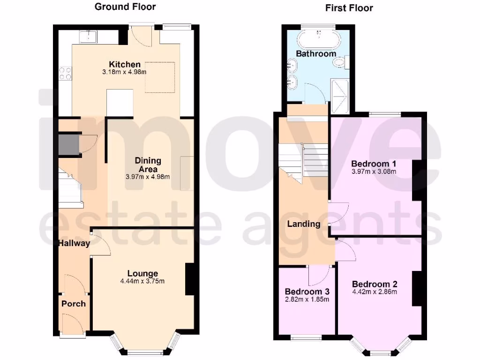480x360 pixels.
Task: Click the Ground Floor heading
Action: tap(125, 7)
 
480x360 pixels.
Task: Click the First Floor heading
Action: tap(349, 8)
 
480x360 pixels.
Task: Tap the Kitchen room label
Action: tap(125, 65)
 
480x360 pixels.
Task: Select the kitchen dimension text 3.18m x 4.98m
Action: tap(125, 73)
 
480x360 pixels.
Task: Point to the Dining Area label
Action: tap(148, 165)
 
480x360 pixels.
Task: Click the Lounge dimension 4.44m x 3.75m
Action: tap(143, 281)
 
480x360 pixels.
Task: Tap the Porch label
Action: tap(74, 304)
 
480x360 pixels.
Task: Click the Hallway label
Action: tap(74, 243)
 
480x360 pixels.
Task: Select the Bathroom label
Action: tap(316, 54)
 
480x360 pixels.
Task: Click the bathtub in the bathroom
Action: tap(319, 39)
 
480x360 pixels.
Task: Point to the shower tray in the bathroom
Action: tap(340, 97)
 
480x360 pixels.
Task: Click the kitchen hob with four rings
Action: tap(65, 74)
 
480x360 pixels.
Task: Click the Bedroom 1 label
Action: tap(374, 164)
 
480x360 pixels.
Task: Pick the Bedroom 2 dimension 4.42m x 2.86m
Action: tap(375, 292)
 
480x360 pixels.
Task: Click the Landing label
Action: tap(304, 224)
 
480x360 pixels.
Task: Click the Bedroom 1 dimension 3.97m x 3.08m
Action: tap(374, 172)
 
